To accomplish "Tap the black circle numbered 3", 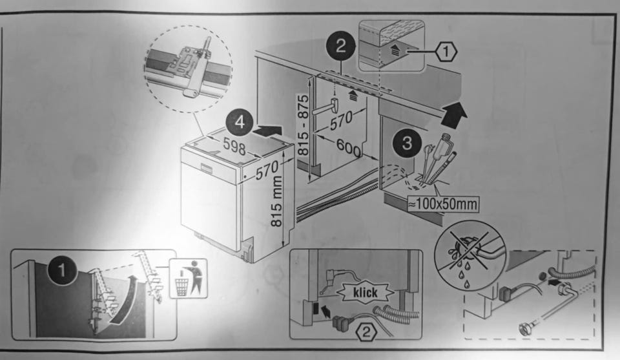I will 407,143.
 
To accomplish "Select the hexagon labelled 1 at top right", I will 445,49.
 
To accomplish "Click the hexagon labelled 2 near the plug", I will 366,334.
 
